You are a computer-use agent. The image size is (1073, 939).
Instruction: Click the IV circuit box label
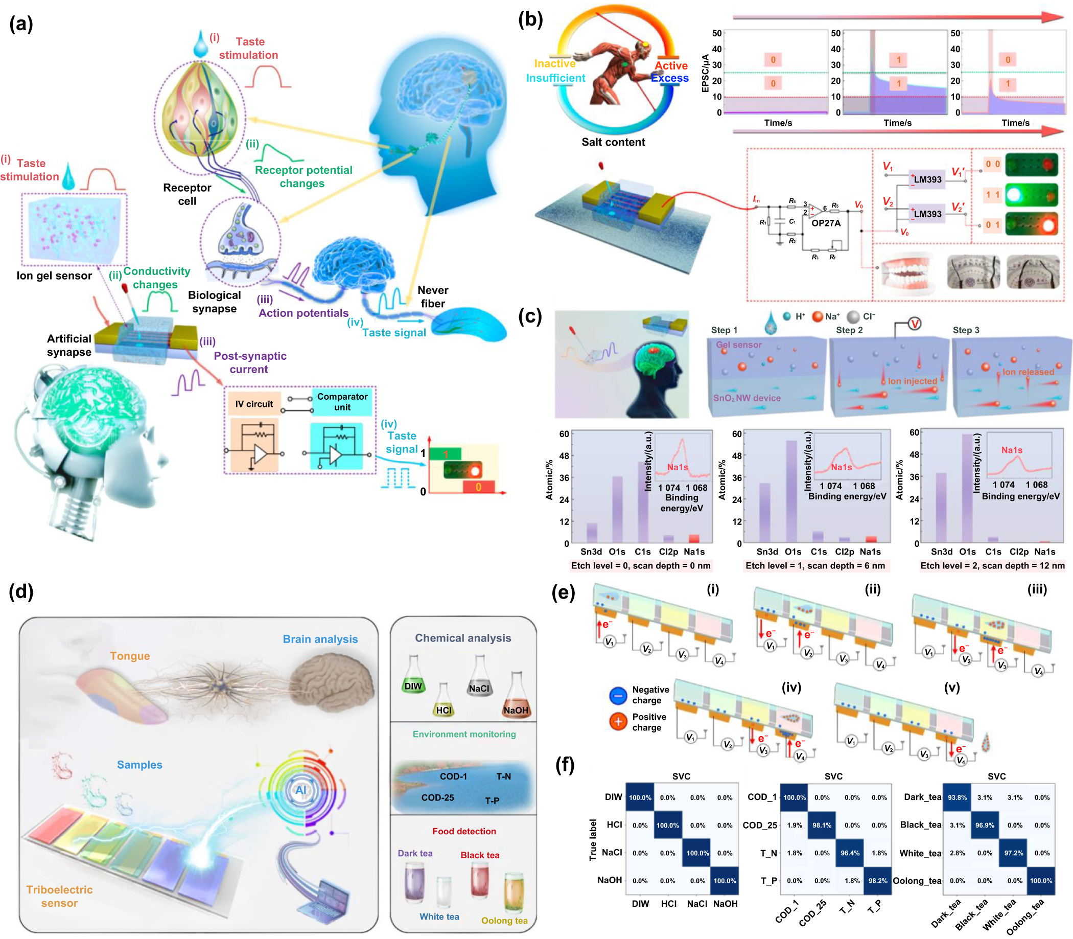click(x=254, y=404)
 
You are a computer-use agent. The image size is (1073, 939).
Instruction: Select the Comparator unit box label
click(x=342, y=402)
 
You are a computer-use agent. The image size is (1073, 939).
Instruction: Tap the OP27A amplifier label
click(x=825, y=223)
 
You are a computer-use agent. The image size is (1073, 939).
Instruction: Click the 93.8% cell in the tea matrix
click(x=957, y=797)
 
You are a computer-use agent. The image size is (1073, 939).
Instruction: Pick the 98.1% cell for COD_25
click(x=821, y=826)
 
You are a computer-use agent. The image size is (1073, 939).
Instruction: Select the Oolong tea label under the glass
click(x=504, y=921)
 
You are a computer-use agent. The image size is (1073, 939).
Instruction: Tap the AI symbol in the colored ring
click(x=300, y=790)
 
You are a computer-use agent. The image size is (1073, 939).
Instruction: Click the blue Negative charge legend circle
click(x=618, y=695)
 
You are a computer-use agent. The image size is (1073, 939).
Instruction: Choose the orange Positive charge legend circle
click(x=618, y=722)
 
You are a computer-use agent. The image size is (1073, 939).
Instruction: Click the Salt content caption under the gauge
click(x=613, y=142)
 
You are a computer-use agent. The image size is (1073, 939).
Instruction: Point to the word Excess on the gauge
click(x=669, y=78)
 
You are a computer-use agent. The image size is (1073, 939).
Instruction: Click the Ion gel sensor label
click(x=54, y=276)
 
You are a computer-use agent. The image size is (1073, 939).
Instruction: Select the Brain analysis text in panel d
click(x=320, y=639)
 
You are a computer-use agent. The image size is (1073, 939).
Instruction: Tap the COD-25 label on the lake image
click(x=437, y=797)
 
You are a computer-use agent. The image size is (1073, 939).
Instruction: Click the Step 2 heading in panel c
click(x=849, y=330)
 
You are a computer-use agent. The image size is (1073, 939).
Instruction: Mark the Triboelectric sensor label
click(x=59, y=896)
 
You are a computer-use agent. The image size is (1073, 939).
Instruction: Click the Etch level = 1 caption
click(x=815, y=566)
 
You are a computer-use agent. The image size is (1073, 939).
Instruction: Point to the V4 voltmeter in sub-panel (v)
click(x=960, y=760)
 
